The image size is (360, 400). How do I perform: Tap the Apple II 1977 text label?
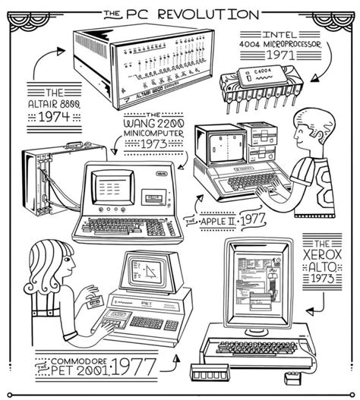point(228,221)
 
